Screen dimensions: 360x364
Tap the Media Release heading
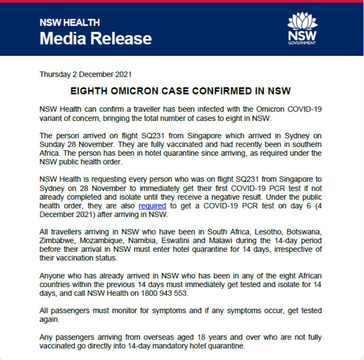(x=96, y=38)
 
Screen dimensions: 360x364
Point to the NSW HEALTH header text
(x=70, y=23)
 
